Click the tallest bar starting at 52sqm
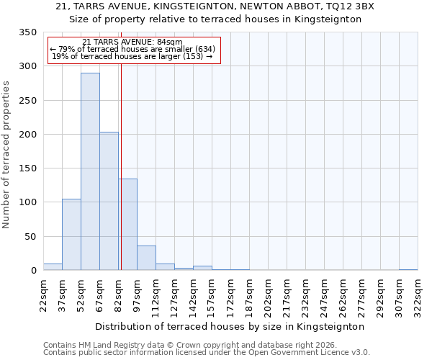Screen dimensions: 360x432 (x=90, y=171)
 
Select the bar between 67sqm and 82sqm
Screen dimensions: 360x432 (x=109, y=201)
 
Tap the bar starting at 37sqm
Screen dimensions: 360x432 (x=71, y=234)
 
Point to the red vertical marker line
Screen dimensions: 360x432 (x=121, y=166)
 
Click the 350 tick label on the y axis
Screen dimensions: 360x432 (x=27, y=33)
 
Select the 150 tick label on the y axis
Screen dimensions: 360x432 (x=27, y=168)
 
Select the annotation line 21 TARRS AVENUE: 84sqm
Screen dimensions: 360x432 (x=132, y=42)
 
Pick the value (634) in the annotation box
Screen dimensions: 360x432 (x=200, y=49)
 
